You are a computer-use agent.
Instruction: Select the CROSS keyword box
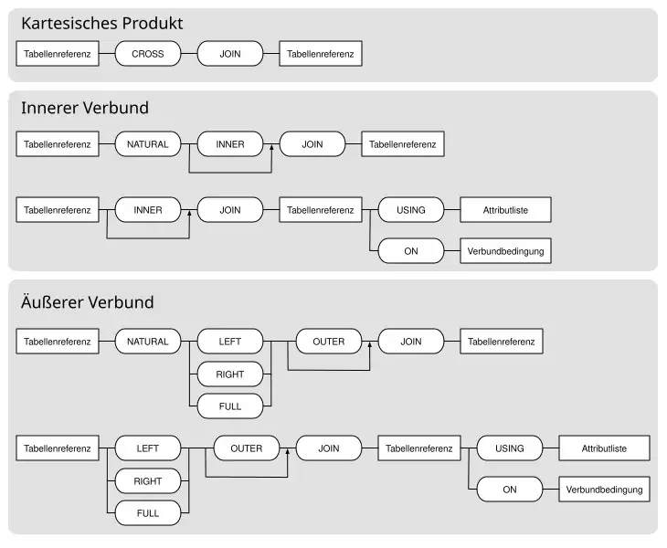(147, 54)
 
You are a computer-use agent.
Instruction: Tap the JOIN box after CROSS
(230, 54)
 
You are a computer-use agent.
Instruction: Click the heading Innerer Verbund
(85, 108)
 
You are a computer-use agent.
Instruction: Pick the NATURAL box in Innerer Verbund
(147, 143)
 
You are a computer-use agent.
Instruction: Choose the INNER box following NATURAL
(230, 143)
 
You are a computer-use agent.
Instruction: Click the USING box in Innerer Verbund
(410, 210)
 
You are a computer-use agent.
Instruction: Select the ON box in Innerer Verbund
(410, 250)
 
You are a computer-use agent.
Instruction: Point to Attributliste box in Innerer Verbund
(505, 210)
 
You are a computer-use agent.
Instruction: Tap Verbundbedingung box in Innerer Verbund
(505, 250)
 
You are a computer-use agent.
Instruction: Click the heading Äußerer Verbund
(88, 302)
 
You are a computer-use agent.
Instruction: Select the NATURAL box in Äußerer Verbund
(147, 342)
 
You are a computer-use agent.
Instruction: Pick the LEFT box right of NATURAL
(230, 342)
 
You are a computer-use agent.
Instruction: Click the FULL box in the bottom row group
(147, 513)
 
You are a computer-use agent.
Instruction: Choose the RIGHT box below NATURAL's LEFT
(230, 374)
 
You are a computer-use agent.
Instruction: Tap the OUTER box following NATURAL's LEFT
(329, 342)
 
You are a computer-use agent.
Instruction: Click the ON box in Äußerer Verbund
(509, 490)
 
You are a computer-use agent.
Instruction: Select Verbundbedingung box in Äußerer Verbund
(604, 490)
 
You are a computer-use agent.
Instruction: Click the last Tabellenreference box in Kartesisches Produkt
(321, 54)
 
